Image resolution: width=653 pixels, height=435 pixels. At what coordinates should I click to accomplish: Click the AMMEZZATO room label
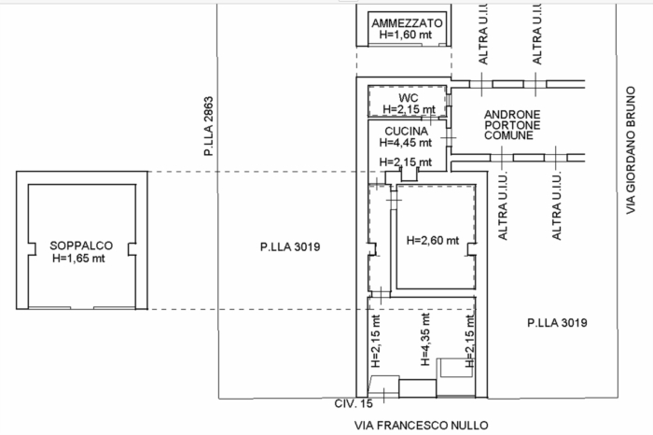(407, 23)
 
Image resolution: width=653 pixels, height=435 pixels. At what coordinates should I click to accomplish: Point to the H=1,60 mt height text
(406, 35)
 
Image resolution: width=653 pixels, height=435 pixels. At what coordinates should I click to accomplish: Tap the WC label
(409, 98)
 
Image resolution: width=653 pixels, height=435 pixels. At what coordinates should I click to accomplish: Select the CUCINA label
(406, 132)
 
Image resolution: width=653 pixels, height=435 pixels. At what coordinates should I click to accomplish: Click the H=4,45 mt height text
(406, 143)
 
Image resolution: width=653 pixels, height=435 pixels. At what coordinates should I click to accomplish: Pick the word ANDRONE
(512, 115)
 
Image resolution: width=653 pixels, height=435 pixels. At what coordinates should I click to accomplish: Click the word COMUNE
(508, 135)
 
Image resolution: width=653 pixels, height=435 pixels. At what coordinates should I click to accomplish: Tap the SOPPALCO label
(81, 246)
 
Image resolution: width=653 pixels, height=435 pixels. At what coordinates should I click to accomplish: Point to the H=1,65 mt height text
(78, 259)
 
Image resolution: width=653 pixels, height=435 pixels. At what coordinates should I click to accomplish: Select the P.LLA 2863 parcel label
(208, 126)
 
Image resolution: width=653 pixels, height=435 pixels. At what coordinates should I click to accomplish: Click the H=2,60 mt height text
(433, 241)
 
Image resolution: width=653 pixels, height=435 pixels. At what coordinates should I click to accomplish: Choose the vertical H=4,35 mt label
(425, 340)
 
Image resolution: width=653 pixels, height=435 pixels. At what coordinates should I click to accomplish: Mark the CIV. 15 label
(354, 403)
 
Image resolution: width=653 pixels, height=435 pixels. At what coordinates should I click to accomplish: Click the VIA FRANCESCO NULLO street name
(421, 426)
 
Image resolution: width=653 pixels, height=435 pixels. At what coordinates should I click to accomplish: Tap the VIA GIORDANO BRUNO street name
(632, 150)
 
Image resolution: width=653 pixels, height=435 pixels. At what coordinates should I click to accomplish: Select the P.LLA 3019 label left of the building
(290, 247)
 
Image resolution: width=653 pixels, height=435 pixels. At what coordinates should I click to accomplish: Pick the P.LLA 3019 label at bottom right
(557, 323)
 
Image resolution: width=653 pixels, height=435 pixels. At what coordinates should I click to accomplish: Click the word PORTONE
(512, 125)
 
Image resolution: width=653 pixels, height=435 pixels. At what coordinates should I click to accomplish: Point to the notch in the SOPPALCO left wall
(32, 249)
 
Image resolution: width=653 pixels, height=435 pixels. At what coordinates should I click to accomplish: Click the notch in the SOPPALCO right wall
(132, 249)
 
